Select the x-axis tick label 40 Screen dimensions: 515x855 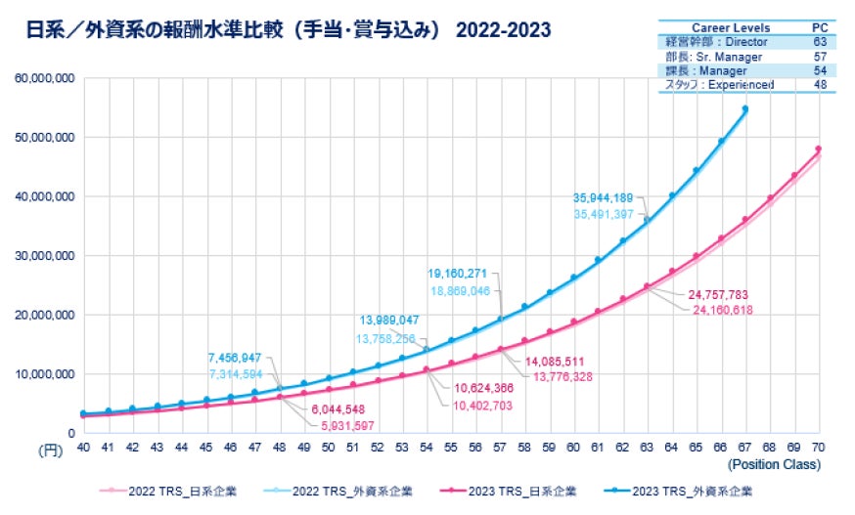point(84,447)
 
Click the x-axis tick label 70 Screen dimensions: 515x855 point(819,447)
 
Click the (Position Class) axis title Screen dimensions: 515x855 point(773,464)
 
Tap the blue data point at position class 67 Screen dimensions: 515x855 point(745,108)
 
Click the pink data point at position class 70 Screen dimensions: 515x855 point(819,149)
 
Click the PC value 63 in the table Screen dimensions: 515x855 point(820,43)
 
